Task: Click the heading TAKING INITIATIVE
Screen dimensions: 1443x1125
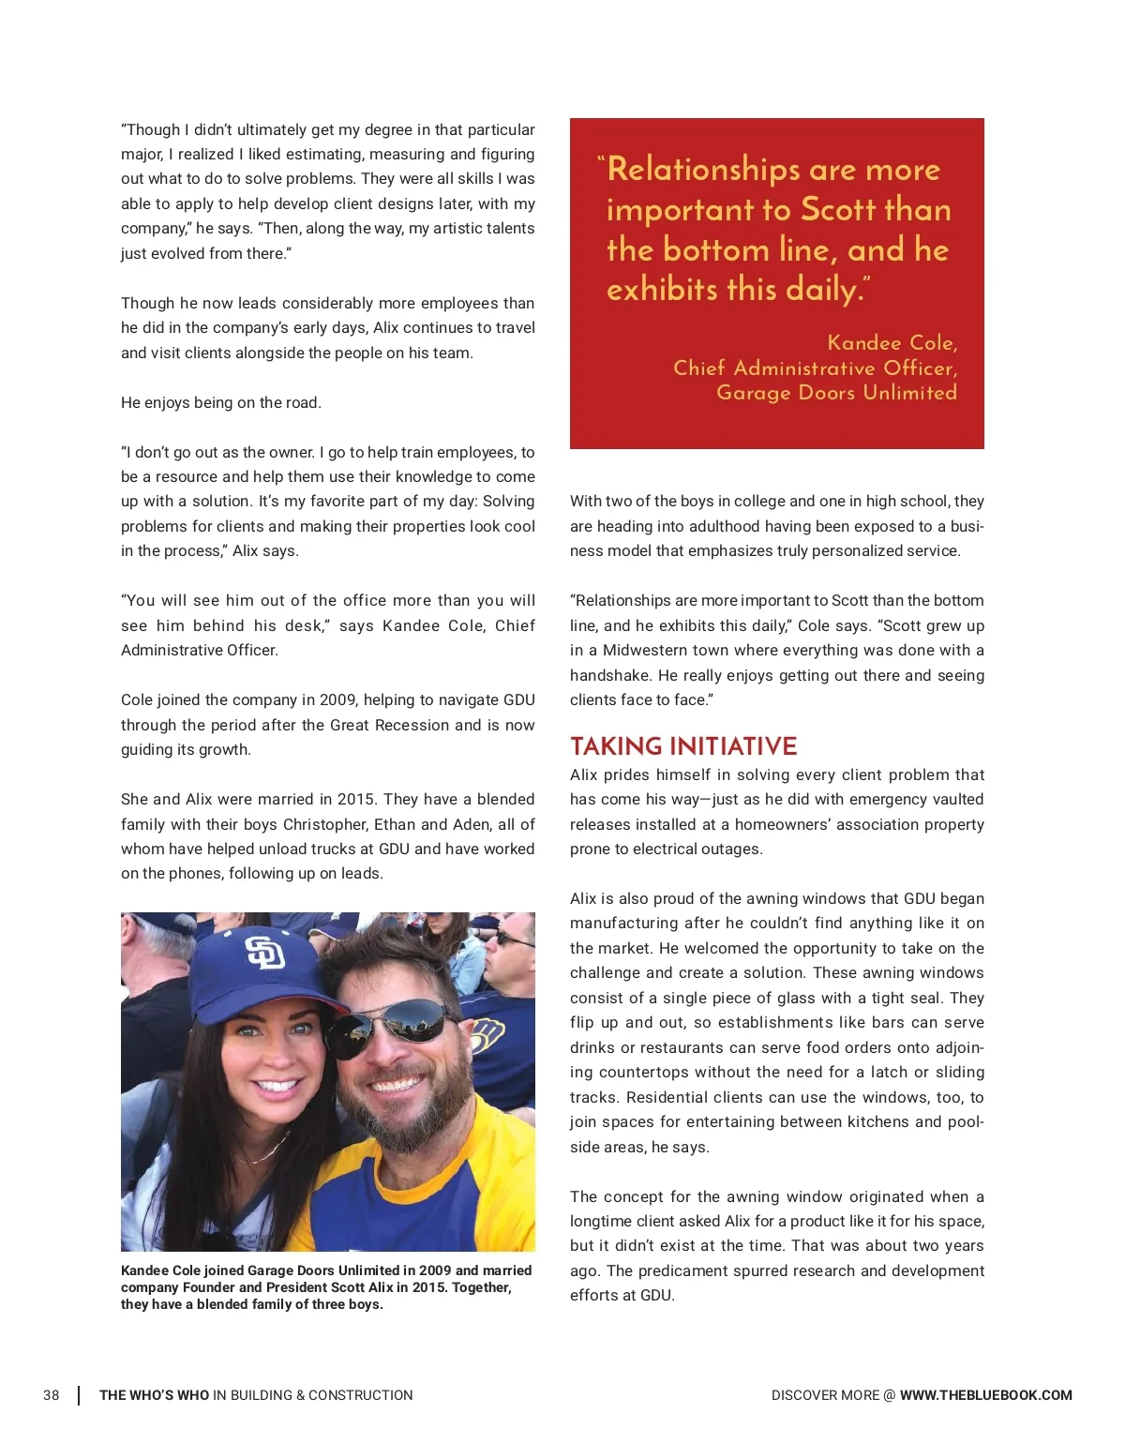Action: (x=683, y=746)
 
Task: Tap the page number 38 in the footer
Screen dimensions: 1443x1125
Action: (x=52, y=1395)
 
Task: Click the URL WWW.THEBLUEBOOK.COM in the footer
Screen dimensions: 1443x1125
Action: (x=985, y=1395)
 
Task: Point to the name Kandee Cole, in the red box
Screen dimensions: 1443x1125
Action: (x=892, y=343)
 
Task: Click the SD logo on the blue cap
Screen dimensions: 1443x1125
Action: (x=264, y=954)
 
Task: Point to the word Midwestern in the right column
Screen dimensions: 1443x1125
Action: (x=648, y=650)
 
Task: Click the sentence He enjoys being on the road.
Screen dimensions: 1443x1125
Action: (x=221, y=402)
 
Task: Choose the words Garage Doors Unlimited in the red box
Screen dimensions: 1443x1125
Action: (x=836, y=393)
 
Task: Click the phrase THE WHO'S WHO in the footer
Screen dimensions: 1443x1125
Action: (x=154, y=1395)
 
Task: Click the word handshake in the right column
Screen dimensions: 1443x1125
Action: (x=610, y=675)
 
